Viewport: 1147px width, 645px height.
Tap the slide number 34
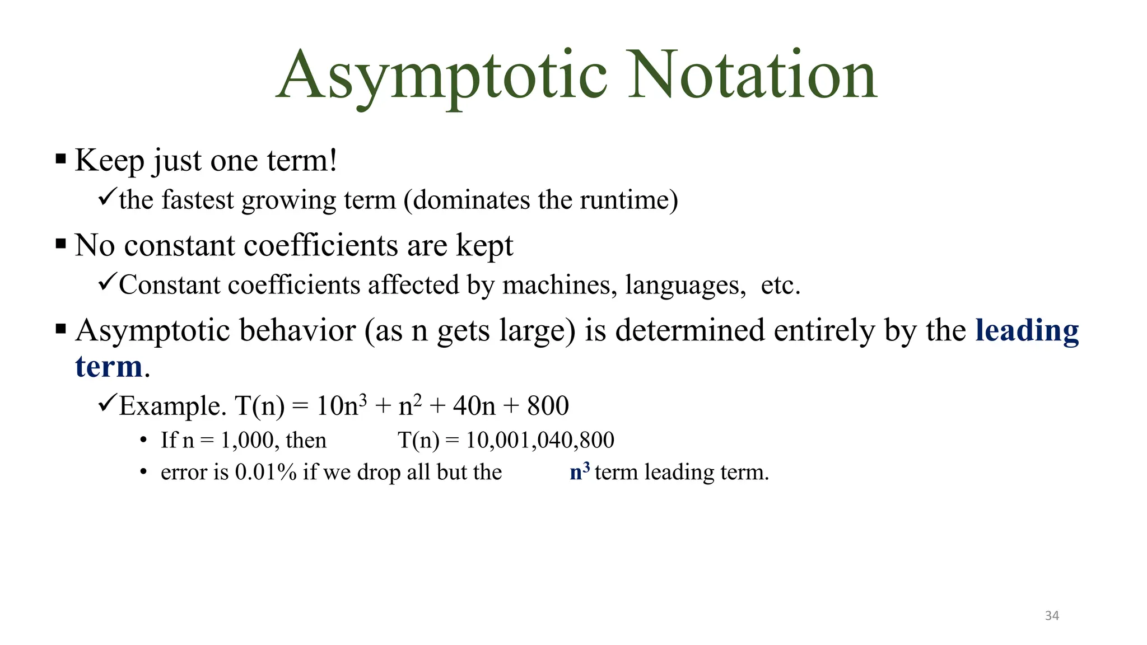pyautogui.click(x=1052, y=616)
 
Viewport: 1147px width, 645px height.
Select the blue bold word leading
pyautogui.click(x=1027, y=330)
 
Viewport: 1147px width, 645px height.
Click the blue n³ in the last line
pyautogui.click(x=580, y=471)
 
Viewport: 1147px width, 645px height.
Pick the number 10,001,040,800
pyautogui.click(x=540, y=440)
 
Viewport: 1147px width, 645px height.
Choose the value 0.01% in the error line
pyautogui.click(x=265, y=472)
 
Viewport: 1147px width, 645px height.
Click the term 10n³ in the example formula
pyautogui.click(x=342, y=405)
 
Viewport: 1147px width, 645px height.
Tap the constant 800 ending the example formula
pyautogui.click(x=548, y=405)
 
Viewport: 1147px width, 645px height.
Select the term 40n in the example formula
pyautogui.click(x=474, y=405)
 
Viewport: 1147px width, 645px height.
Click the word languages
pyautogui.click(x=686, y=285)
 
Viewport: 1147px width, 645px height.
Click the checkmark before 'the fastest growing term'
pyautogui.click(x=106, y=197)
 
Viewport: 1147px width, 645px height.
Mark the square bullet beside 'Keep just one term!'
pyautogui.click(x=61, y=159)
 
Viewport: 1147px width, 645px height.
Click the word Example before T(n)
pyautogui.click(x=171, y=406)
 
